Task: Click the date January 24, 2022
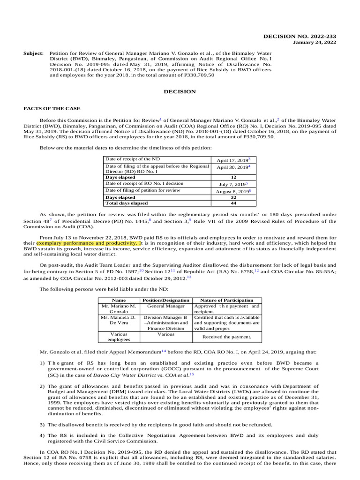click(x=315, y=43)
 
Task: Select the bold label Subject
click(x=33, y=53)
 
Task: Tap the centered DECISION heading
click(x=180, y=92)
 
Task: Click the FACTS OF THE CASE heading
click(x=46, y=108)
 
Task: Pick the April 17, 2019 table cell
click(x=233, y=160)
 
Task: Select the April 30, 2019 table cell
click(x=233, y=167)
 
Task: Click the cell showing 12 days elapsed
click(x=233, y=178)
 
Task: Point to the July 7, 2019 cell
click(x=233, y=184)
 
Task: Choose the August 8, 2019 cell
click(x=233, y=191)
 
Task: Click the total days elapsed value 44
click(x=233, y=203)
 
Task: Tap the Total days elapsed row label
click(x=127, y=203)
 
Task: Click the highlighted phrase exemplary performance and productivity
click(x=86, y=243)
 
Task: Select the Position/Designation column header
click(x=165, y=300)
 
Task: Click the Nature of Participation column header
click(x=226, y=300)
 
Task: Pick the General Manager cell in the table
click(x=165, y=306)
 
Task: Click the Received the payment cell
click(x=226, y=337)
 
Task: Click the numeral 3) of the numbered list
click(x=42, y=424)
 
